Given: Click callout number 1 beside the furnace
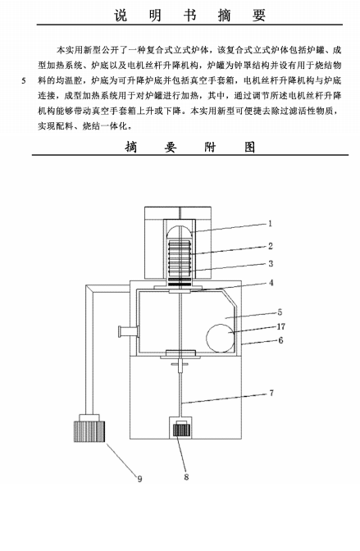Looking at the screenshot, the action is (270, 224).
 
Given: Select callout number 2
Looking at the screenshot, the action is (271, 246).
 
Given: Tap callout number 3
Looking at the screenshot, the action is (271, 263).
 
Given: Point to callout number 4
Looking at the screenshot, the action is (271, 283).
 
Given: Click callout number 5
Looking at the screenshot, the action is (280, 312).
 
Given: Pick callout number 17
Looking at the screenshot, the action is (281, 326).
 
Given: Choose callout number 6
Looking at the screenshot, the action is (280, 340).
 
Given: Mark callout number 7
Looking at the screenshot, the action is (271, 393).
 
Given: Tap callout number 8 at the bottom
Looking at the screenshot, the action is (186, 477).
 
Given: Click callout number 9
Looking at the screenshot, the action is (139, 479).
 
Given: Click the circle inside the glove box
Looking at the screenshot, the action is (221, 338).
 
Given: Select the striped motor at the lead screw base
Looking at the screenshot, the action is (181, 430).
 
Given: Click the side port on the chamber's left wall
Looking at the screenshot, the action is (128, 332).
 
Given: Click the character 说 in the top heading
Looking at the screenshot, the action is (121, 15).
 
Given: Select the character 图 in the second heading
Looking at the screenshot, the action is (249, 147).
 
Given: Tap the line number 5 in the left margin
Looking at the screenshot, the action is (24, 81).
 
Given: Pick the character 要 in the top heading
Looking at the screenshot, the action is (259, 15).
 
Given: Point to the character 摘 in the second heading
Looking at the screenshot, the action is (130, 147).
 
